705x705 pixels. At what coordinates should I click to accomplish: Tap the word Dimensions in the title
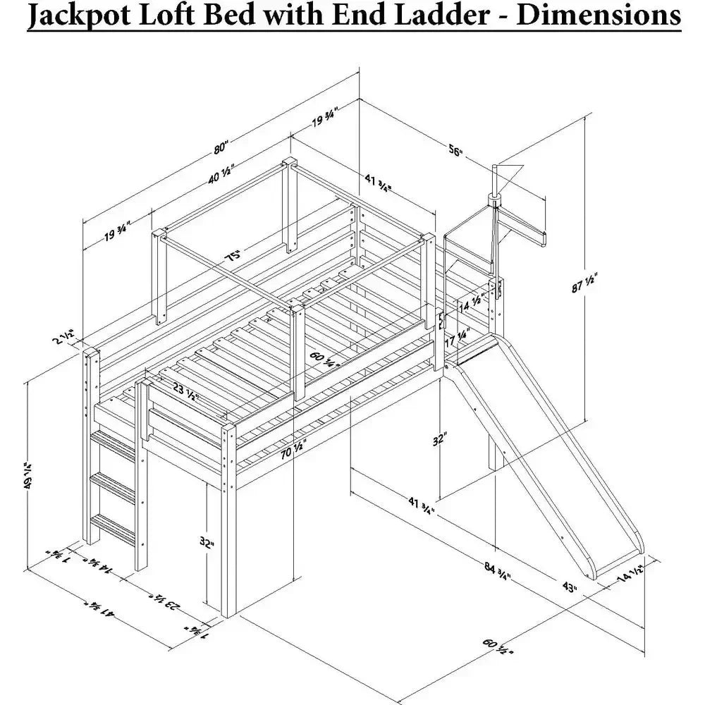(599, 14)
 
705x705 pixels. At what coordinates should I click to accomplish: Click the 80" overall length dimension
(221, 147)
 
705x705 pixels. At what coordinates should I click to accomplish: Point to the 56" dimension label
(455, 151)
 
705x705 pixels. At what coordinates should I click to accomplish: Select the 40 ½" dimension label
(220, 174)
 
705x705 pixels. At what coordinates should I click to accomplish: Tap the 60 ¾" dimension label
(324, 360)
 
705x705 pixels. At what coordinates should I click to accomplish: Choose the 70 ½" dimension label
(293, 450)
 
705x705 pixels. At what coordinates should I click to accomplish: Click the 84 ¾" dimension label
(497, 571)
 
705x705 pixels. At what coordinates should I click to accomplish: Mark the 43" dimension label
(570, 587)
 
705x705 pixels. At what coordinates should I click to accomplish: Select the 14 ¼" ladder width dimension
(97, 565)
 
